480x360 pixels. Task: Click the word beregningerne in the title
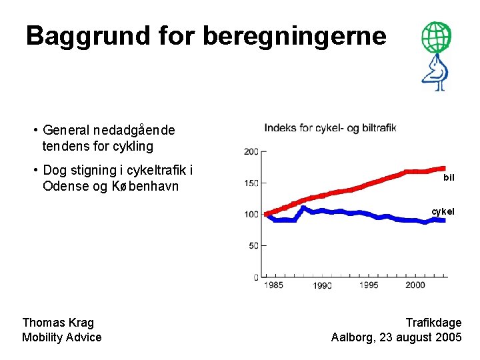click(x=294, y=36)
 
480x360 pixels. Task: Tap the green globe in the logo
click(x=436, y=37)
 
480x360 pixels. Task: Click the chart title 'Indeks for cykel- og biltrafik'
click(x=330, y=127)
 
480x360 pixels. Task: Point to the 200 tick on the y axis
click(x=251, y=151)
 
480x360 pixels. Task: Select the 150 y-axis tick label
click(x=251, y=183)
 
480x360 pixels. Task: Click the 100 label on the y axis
click(x=251, y=214)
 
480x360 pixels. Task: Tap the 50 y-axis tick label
click(x=253, y=245)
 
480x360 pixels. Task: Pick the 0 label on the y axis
click(x=256, y=277)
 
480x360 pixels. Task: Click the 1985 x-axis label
click(x=273, y=285)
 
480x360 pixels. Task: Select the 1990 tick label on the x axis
click(x=322, y=285)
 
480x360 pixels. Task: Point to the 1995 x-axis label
click(x=368, y=285)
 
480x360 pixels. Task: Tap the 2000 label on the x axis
click(x=415, y=285)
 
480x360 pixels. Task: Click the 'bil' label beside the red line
click(x=449, y=178)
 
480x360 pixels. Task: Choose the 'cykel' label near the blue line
click(x=443, y=211)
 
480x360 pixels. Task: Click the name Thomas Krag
click(x=58, y=323)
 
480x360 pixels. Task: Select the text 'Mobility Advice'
click(x=61, y=337)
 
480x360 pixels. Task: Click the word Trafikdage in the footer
click(x=433, y=323)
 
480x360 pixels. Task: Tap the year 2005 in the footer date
click(x=447, y=337)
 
